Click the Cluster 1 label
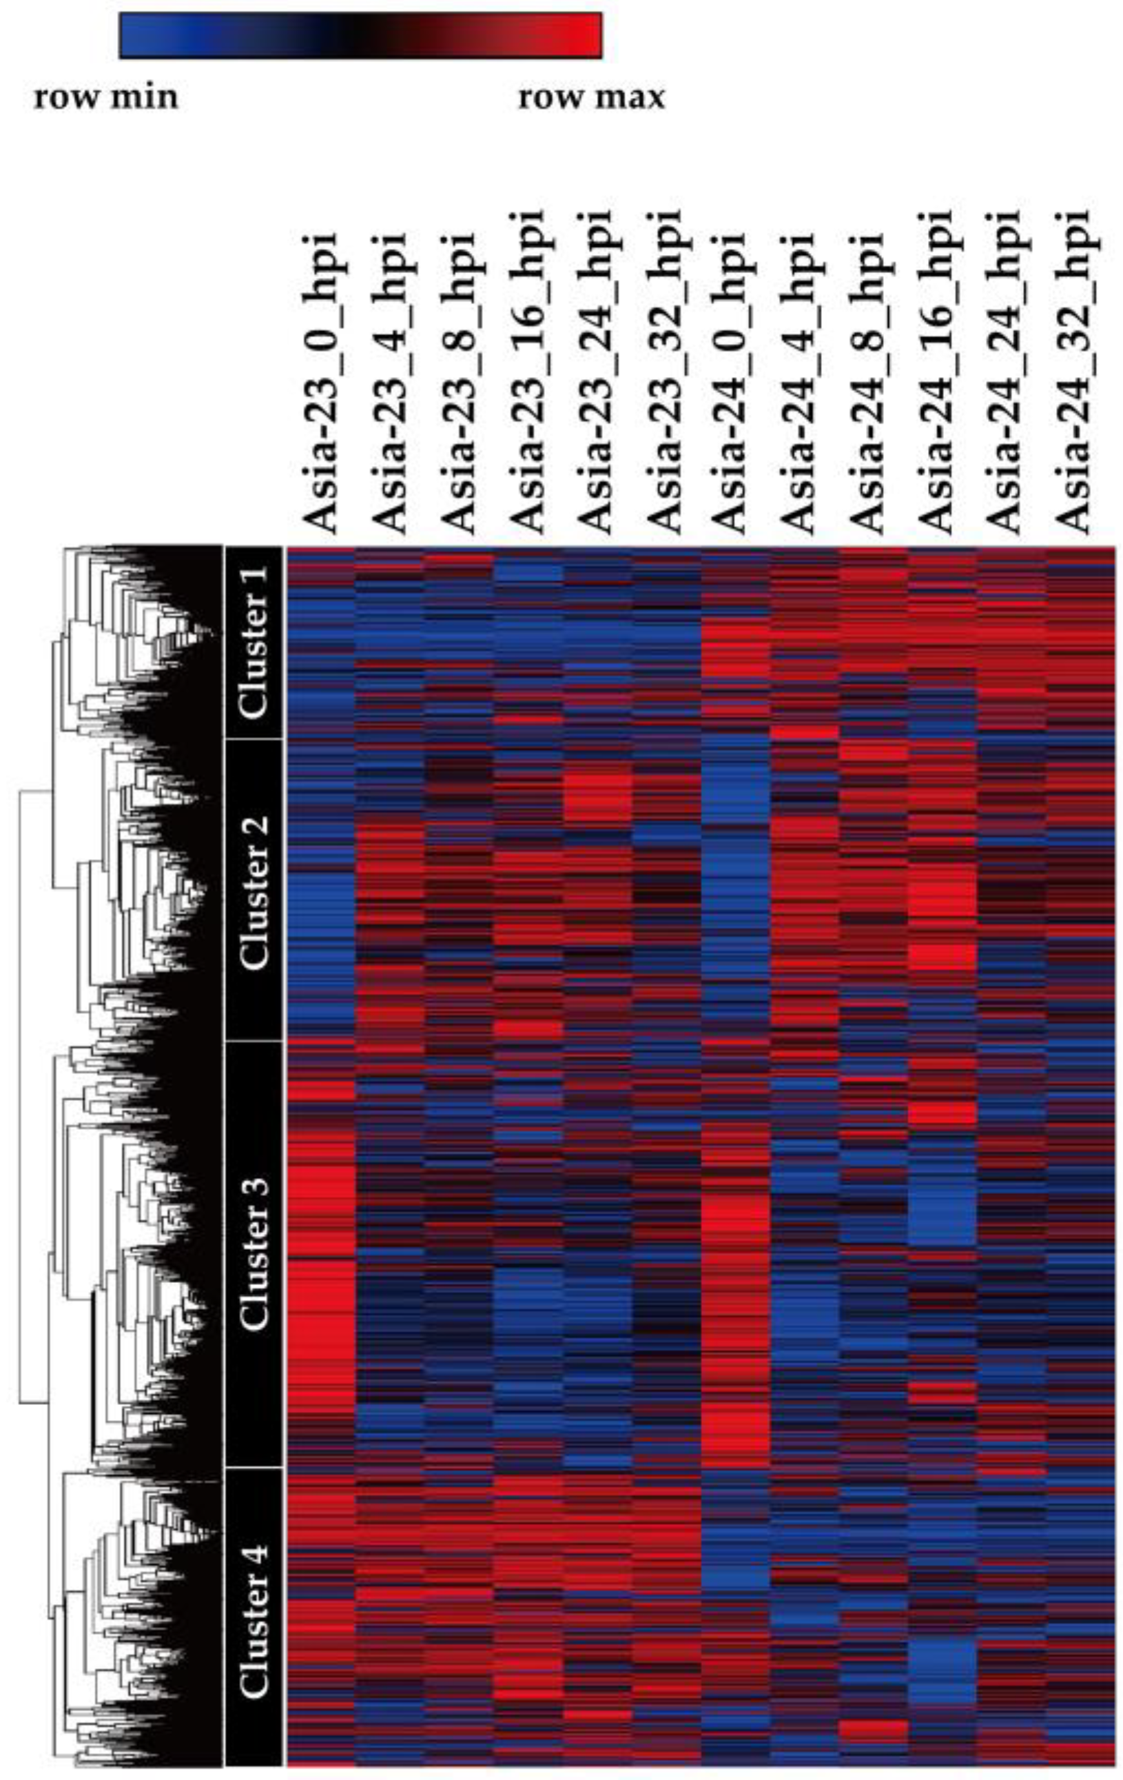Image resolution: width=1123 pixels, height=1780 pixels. (x=254, y=641)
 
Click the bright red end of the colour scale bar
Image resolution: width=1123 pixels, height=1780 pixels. (x=584, y=34)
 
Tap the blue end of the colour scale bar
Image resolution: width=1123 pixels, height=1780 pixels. (x=136, y=34)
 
